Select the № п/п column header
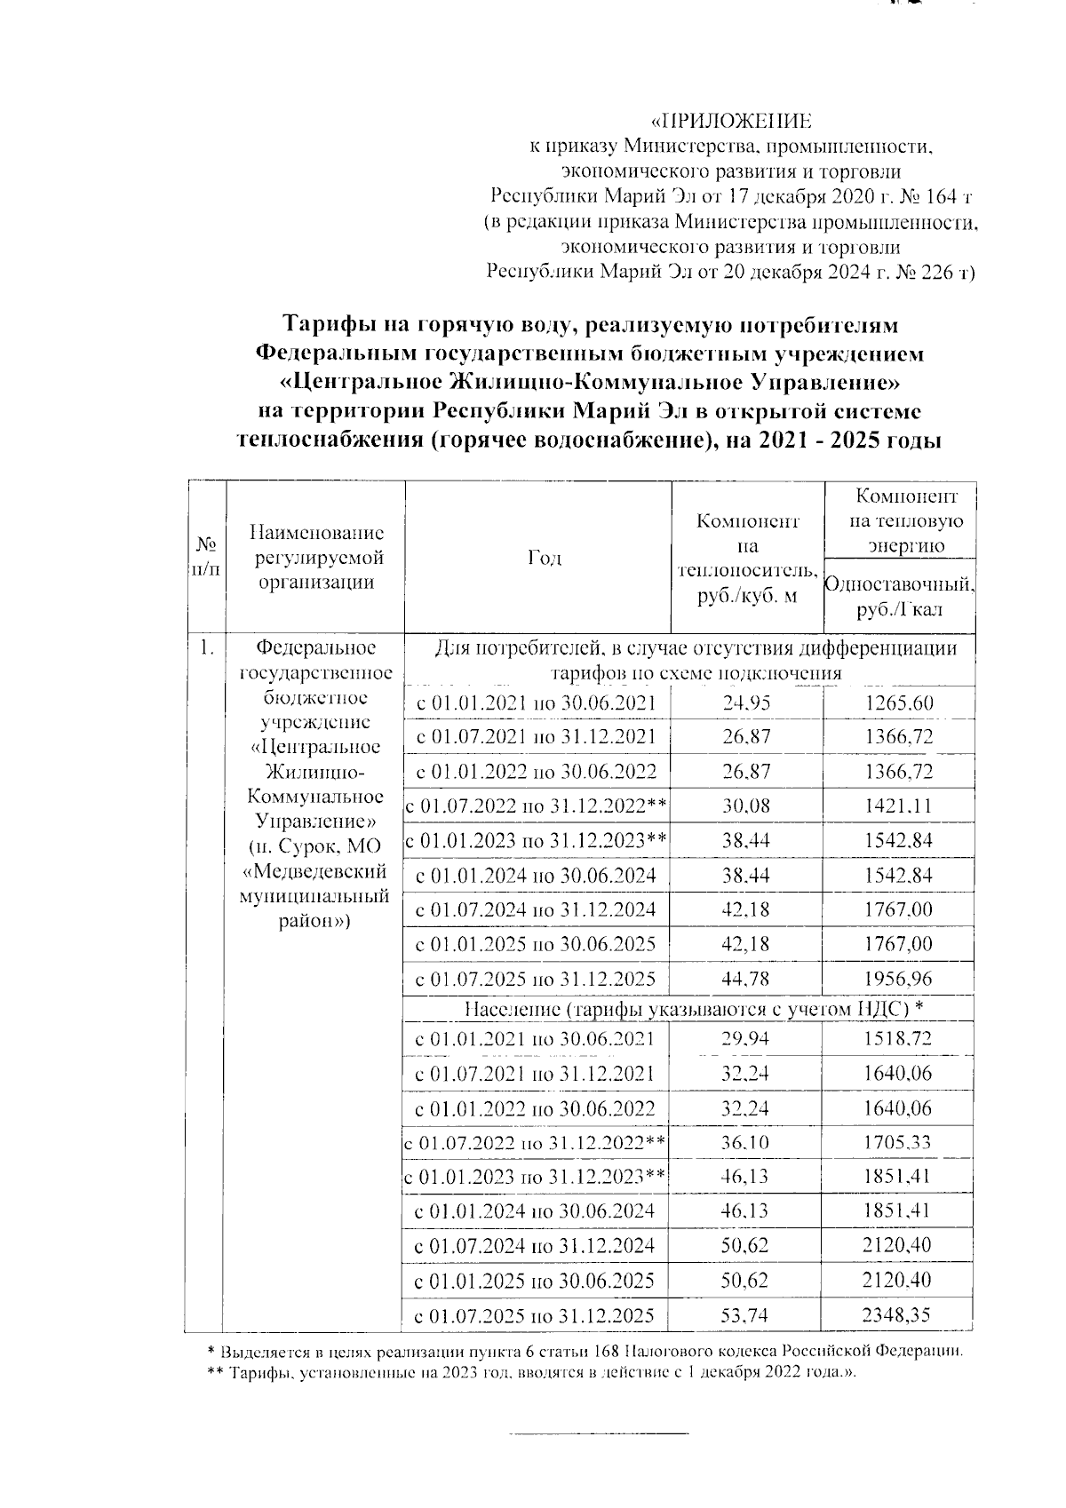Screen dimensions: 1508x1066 (205, 558)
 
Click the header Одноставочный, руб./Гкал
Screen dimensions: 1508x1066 (899, 597)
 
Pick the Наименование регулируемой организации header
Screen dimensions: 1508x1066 (316, 558)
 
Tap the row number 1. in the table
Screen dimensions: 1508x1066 (206, 649)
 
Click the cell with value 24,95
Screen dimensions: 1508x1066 (747, 704)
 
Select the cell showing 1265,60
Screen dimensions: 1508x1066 (899, 704)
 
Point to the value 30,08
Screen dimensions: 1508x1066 (747, 806)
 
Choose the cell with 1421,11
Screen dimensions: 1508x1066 (899, 806)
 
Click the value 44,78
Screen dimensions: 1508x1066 (747, 980)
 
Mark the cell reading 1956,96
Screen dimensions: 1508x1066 (899, 980)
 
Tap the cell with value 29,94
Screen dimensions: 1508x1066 (747, 1039)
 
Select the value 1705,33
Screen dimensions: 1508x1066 (899, 1142)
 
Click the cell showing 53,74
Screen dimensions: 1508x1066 (747, 1315)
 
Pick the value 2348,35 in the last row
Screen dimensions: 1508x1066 (899, 1315)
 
